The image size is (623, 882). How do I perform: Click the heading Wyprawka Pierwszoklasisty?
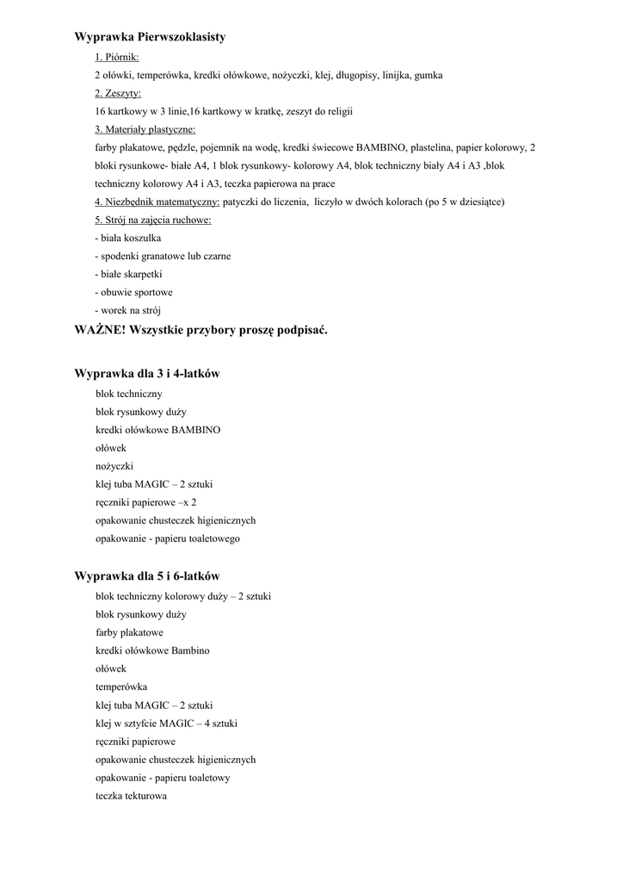[x=150, y=37]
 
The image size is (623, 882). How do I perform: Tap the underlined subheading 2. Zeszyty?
[x=118, y=93]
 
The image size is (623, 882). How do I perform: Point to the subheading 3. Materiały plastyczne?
[x=145, y=129]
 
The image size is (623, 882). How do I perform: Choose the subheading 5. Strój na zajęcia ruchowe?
[x=153, y=220]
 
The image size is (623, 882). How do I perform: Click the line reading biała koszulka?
[x=127, y=238]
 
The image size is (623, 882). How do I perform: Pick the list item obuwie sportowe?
[x=133, y=292]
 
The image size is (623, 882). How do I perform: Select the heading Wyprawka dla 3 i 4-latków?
[x=147, y=374]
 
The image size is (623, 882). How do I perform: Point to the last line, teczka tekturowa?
[x=131, y=796]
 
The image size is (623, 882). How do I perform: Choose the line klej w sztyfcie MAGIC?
[x=166, y=724]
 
